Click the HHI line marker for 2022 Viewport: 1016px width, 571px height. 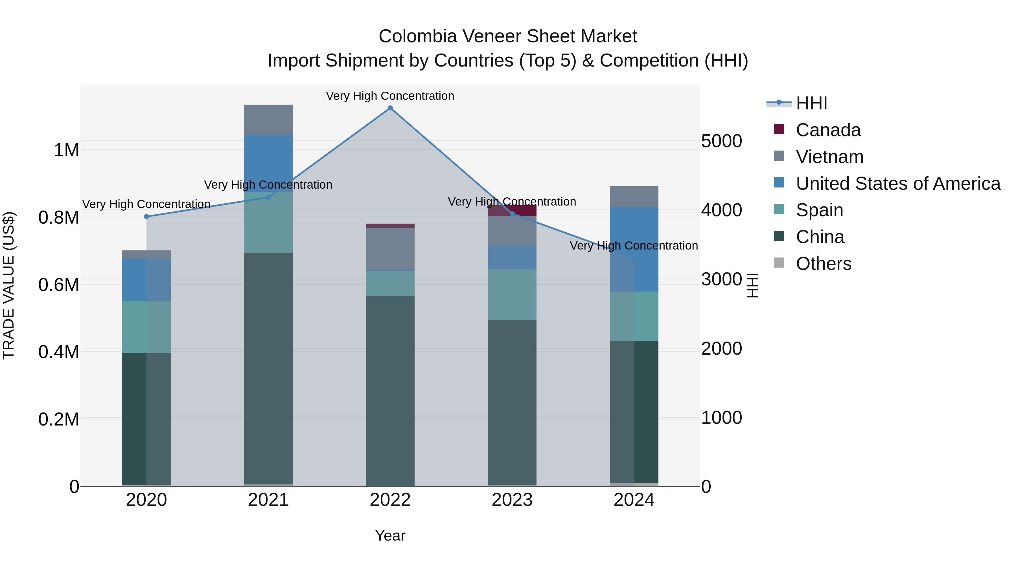pos(390,108)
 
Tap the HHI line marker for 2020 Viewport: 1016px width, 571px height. pos(146,216)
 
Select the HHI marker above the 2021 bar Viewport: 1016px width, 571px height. pos(268,197)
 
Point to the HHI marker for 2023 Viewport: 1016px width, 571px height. pos(512,213)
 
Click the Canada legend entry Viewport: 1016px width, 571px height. pos(828,130)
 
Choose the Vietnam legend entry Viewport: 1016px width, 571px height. pos(829,157)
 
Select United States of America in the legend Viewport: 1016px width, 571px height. pos(898,184)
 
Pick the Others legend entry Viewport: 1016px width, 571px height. pos(824,264)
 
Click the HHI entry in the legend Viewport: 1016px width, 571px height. pos(811,103)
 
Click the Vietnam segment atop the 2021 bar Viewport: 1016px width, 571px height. pos(268,120)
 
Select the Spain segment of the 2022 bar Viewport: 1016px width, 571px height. pos(390,283)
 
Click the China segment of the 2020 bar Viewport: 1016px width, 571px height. pos(134,418)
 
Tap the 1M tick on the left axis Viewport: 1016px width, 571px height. pos(66,150)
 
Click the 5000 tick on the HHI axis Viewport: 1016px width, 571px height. pos(721,141)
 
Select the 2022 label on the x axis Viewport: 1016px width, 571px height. pos(390,500)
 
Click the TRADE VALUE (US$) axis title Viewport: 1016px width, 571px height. pos(9,285)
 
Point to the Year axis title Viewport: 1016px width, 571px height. pos(390,535)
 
